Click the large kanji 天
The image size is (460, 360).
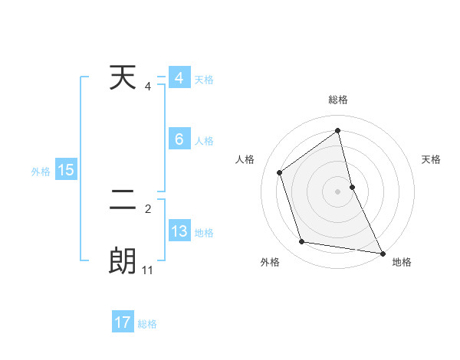[x=123, y=78]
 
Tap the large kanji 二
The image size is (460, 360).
[x=123, y=201]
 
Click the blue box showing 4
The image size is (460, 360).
[x=179, y=78]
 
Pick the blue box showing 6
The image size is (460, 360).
[x=179, y=139]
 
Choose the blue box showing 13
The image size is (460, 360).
[x=179, y=231]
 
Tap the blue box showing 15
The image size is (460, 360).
[x=66, y=170]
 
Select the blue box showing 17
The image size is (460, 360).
[x=123, y=322]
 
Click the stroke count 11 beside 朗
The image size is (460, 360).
[x=148, y=270]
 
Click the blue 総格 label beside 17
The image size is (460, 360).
[x=147, y=324]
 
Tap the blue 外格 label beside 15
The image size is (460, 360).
[x=41, y=172]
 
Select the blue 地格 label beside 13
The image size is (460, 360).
[x=204, y=233]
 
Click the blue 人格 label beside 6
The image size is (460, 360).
[x=204, y=141]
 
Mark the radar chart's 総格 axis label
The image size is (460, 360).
[x=337, y=100]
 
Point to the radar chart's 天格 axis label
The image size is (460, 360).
[x=432, y=159]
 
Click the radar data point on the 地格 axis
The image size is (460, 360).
[x=382, y=253]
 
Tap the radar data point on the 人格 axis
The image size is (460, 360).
[x=279, y=172]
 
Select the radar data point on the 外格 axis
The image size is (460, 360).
[x=302, y=242]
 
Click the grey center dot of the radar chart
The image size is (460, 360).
[x=337, y=191]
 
